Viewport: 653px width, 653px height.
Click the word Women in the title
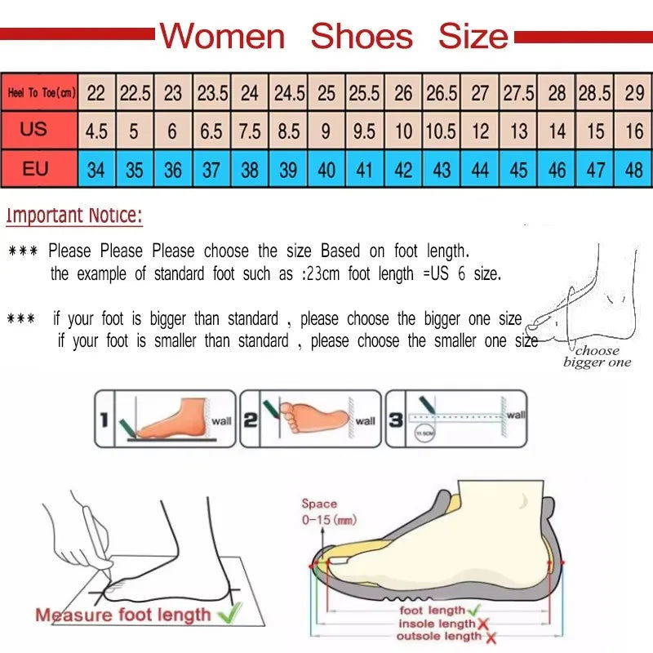click(x=222, y=37)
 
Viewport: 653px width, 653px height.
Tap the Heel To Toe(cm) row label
click(x=41, y=93)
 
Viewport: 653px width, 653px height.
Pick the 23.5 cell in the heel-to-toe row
click(x=212, y=93)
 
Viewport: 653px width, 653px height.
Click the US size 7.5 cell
click(x=251, y=131)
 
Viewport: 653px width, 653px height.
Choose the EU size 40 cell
click(x=326, y=171)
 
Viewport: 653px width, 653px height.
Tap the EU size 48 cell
click(x=634, y=171)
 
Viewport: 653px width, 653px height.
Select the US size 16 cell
click(x=634, y=131)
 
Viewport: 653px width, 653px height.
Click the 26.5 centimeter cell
click(x=442, y=93)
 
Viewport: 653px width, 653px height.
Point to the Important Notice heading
click(x=74, y=216)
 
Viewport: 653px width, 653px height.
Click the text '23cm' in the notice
click(x=322, y=274)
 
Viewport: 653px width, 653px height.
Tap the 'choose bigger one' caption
click(x=597, y=357)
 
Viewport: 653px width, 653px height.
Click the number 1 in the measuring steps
click(x=104, y=420)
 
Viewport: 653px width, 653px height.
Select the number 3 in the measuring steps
click(x=395, y=420)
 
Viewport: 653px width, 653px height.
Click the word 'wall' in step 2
click(x=365, y=421)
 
